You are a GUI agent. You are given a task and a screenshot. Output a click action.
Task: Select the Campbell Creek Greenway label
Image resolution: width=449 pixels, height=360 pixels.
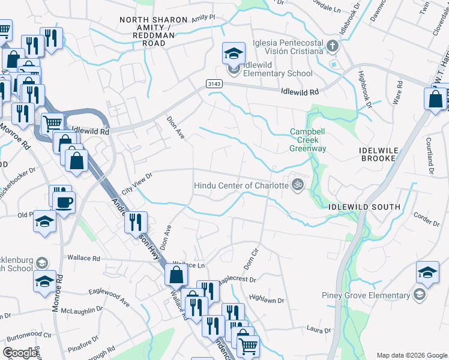coord(308,140)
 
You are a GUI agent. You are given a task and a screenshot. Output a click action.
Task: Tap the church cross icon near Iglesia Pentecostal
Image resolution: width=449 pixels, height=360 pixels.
coord(333,46)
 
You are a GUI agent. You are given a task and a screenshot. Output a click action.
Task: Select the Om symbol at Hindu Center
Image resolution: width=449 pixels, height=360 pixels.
coord(295,184)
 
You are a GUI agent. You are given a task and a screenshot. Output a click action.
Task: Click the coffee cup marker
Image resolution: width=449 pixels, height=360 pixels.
coord(64,201)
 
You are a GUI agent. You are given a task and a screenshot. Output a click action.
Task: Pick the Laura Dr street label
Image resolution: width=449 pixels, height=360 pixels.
coord(319,329)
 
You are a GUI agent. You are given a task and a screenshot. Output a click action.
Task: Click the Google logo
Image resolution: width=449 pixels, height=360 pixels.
coord(20,353)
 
